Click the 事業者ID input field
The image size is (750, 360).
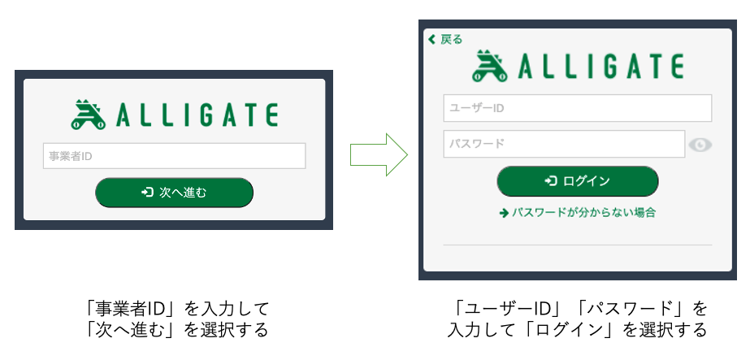point(174,156)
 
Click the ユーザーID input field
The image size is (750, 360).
point(577,108)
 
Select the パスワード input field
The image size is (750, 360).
point(564,144)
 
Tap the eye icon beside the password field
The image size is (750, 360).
point(700,145)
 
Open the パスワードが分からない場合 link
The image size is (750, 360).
point(577,213)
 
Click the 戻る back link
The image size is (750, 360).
point(445,39)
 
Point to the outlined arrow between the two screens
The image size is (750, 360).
point(379,154)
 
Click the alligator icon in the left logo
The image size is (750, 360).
point(89,115)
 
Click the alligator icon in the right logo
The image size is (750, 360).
point(490,67)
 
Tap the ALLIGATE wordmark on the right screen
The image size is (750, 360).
point(600,67)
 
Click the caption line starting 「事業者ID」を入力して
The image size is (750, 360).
point(176,309)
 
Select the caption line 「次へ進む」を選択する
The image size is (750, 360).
point(176,330)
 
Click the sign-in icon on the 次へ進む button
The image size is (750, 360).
point(147,193)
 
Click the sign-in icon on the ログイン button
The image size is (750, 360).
point(551,180)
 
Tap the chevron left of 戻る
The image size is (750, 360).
point(432,39)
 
